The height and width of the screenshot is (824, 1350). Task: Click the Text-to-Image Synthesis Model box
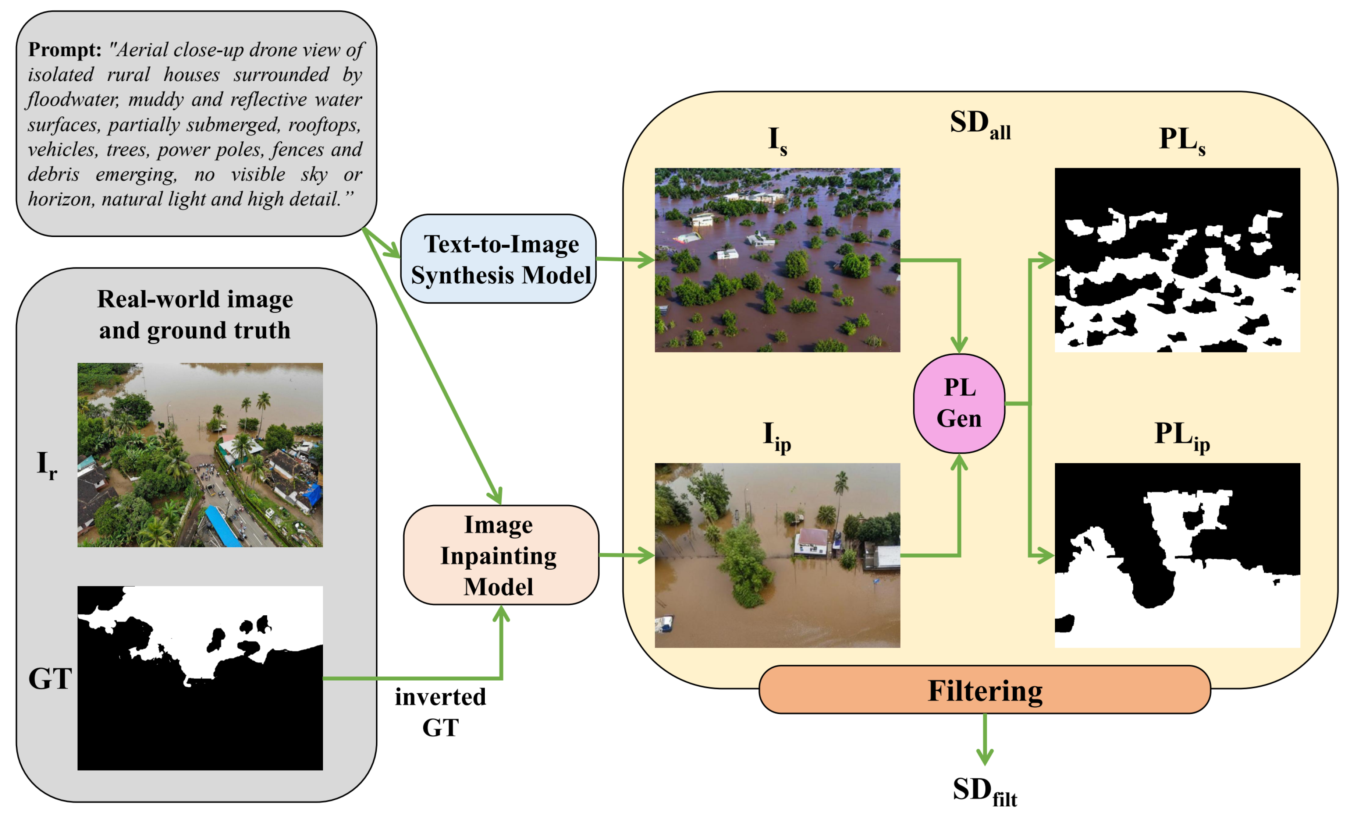498,259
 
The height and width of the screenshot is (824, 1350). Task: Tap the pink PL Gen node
959,403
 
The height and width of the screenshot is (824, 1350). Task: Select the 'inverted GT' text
441,712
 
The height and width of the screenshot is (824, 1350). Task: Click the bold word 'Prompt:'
65,50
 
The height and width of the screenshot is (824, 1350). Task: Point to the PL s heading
1182,140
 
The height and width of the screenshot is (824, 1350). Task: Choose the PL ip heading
1182,436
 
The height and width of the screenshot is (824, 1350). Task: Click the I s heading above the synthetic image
777,140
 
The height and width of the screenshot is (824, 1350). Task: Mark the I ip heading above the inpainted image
777,436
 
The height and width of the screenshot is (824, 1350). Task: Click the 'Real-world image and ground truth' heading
195,314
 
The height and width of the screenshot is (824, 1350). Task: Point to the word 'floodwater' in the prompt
72,100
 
